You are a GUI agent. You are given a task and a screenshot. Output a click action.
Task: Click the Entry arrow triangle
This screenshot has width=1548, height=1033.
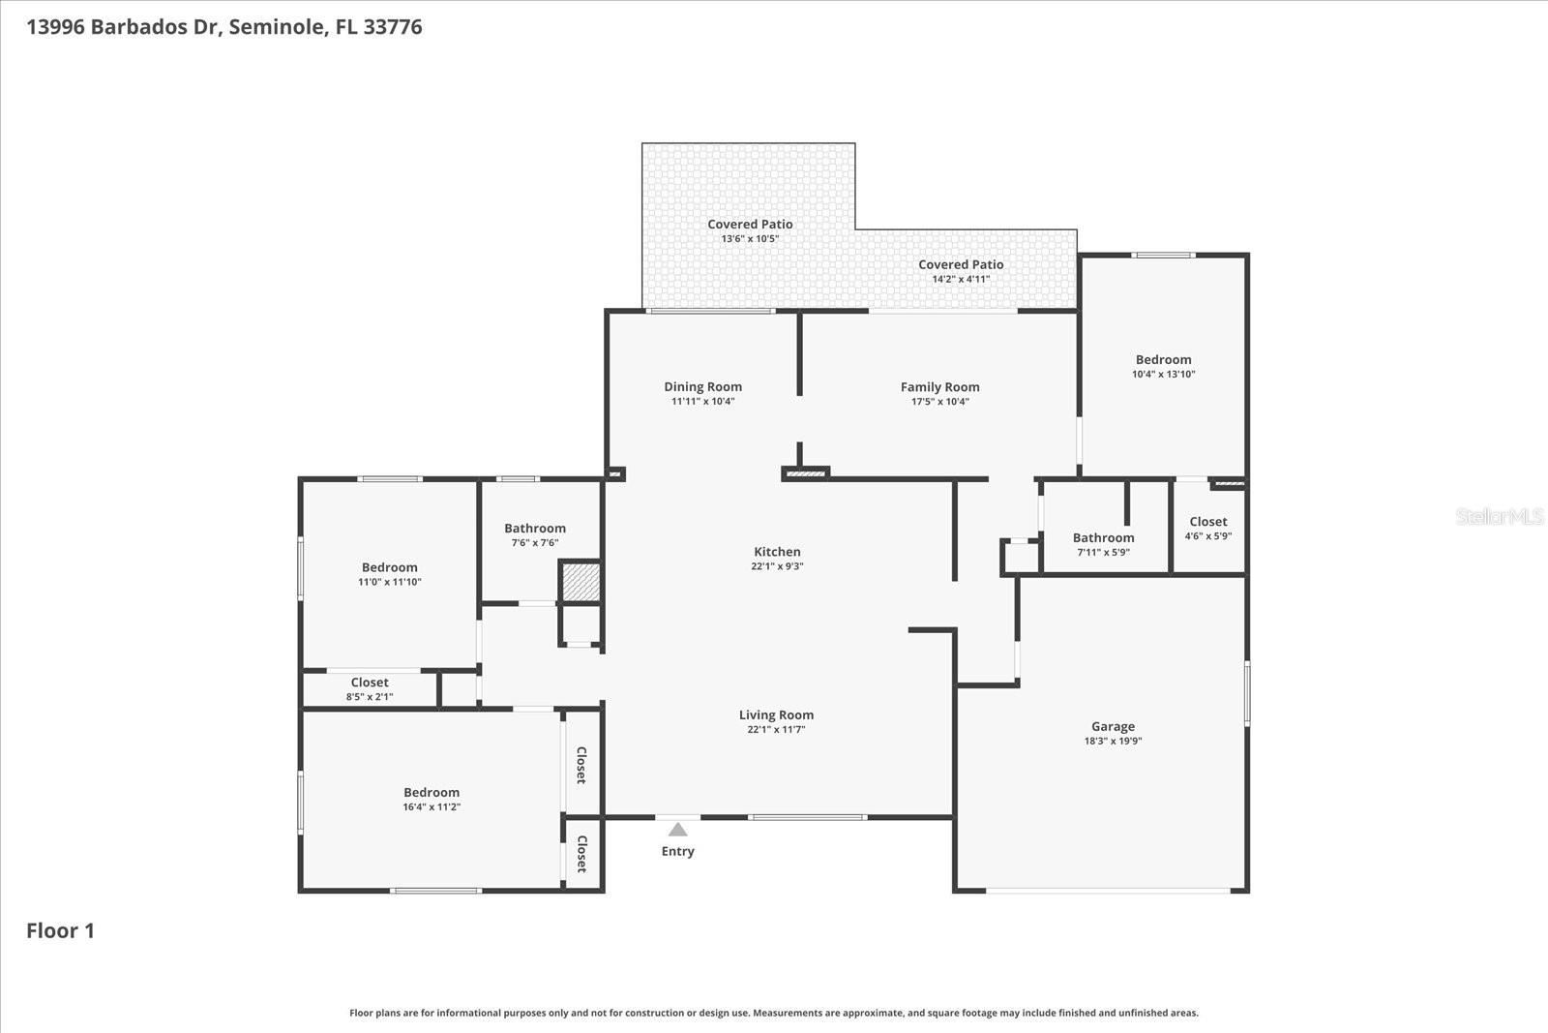(x=677, y=830)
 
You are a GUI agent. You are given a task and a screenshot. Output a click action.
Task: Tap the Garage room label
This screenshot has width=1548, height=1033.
(x=1113, y=726)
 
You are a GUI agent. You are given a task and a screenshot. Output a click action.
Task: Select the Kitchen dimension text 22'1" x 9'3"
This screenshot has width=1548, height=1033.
(x=777, y=566)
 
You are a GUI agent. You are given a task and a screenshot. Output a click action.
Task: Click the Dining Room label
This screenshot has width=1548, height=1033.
(x=702, y=386)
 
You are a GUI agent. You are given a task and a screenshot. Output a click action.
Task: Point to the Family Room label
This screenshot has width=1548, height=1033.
(x=939, y=386)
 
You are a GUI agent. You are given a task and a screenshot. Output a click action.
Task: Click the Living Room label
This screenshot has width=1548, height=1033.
(x=776, y=714)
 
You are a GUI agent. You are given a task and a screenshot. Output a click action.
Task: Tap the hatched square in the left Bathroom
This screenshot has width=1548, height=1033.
(x=580, y=582)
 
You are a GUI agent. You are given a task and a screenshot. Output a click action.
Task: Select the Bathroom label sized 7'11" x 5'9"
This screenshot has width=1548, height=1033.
(x=1103, y=537)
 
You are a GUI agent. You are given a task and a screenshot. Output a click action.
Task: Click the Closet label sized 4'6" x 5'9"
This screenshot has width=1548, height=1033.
(x=1207, y=521)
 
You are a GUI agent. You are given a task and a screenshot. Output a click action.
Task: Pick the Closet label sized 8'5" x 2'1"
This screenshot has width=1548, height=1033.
(x=370, y=683)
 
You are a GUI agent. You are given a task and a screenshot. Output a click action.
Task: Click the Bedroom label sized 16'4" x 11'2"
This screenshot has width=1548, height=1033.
(x=432, y=792)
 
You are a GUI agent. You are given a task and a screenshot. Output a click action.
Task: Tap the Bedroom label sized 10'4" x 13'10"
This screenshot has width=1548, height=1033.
(x=1163, y=359)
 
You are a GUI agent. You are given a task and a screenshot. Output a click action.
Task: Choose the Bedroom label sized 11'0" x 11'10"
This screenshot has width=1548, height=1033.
(x=390, y=567)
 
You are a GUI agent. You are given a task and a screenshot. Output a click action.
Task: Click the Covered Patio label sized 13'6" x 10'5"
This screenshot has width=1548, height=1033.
(x=750, y=224)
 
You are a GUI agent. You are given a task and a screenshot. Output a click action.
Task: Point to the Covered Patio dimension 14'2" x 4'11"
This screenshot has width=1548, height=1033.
(x=961, y=279)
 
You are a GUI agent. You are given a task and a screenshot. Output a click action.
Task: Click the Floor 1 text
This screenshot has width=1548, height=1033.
(x=60, y=930)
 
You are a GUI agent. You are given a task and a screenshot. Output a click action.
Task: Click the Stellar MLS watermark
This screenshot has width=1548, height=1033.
(x=1499, y=517)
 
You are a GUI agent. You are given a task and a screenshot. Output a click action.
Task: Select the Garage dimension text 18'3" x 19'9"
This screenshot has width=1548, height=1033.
(x=1113, y=741)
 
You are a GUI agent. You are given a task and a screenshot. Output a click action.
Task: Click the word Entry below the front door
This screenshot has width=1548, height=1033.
(x=677, y=851)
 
